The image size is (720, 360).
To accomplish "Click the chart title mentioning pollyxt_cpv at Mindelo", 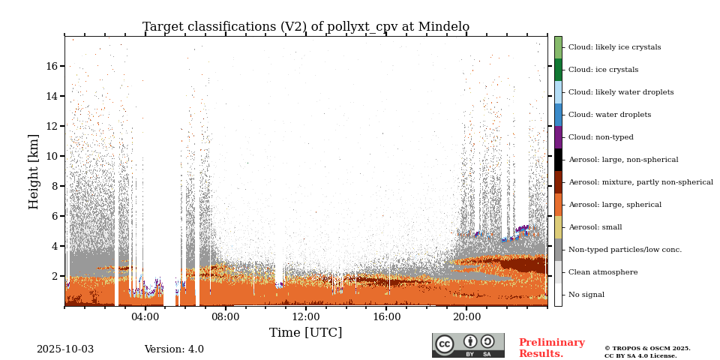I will tap(306, 27).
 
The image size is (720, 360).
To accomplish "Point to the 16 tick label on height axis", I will tap(52, 66).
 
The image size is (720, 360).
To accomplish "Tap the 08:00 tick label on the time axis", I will tap(225, 316).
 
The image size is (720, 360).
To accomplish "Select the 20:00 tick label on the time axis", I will tap(466, 316).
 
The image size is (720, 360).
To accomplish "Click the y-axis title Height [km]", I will tap(34, 171).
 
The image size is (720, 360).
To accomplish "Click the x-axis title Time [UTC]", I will tap(306, 332).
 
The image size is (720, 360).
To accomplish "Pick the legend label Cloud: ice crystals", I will tap(603, 70).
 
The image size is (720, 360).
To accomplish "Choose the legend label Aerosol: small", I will tap(595, 227).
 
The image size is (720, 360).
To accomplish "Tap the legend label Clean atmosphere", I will tap(603, 272).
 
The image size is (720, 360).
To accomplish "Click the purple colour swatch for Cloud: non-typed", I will tap(558, 137).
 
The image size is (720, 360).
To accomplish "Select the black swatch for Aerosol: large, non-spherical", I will tap(558, 160).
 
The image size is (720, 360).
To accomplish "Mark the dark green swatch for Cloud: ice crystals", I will tap(558, 70).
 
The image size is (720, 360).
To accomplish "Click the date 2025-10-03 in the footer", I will tap(65, 349).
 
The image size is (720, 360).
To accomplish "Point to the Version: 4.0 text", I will tap(174, 349).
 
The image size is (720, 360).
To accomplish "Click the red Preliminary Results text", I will tap(551, 348).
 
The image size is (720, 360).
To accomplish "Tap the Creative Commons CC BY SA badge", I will tap(468, 345).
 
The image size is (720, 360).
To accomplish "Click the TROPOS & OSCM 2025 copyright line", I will tap(647, 348).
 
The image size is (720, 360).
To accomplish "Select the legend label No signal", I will tap(586, 295).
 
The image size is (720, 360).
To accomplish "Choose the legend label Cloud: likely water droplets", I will tap(621, 92).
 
